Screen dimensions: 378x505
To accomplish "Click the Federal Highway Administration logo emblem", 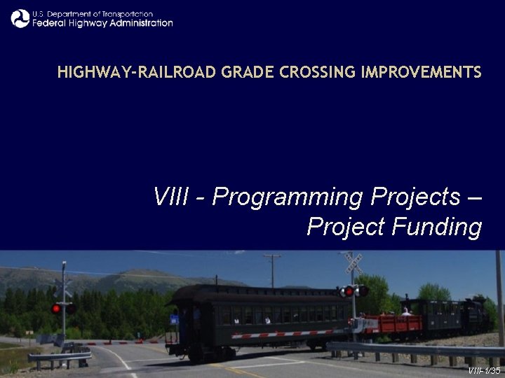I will pyautogui.click(x=20, y=18).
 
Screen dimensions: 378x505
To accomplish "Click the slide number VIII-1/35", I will pyautogui.click(x=485, y=370).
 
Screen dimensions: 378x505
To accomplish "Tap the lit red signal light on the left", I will pyautogui.click(x=56, y=308).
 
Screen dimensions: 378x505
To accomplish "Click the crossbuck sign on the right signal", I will pyautogui.click(x=353, y=263).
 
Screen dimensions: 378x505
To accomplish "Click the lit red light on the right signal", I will pyautogui.click(x=349, y=291).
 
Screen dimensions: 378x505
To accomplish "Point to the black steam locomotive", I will pyautogui.click(x=477, y=315).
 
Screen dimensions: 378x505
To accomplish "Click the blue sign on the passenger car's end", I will pyautogui.click(x=174, y=319).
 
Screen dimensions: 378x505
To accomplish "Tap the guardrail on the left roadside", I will pyautogui.click(x=59, y=357).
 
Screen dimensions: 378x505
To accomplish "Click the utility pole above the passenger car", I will pyautogui.click(x=271, y=270).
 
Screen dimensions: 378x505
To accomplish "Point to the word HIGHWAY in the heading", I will pyautogui.click(x=88, y=72).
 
